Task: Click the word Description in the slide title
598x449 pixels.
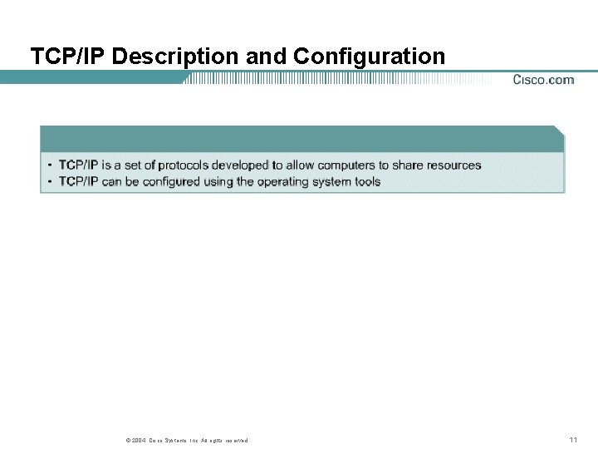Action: (175, 57)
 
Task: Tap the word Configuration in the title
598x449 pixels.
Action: (369, 57)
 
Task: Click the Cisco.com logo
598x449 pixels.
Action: (543, 80)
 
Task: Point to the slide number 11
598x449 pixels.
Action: (573, 440)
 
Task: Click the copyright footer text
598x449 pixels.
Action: (186, 441)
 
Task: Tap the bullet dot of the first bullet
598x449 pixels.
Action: (50, 165)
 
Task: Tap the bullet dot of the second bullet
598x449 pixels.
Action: (50, 182)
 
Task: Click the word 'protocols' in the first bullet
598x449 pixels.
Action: (183, 165)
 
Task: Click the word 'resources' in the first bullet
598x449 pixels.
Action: (453, 165)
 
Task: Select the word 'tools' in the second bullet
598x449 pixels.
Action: (365, 182)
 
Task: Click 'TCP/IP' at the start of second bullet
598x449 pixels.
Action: (78, 182)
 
